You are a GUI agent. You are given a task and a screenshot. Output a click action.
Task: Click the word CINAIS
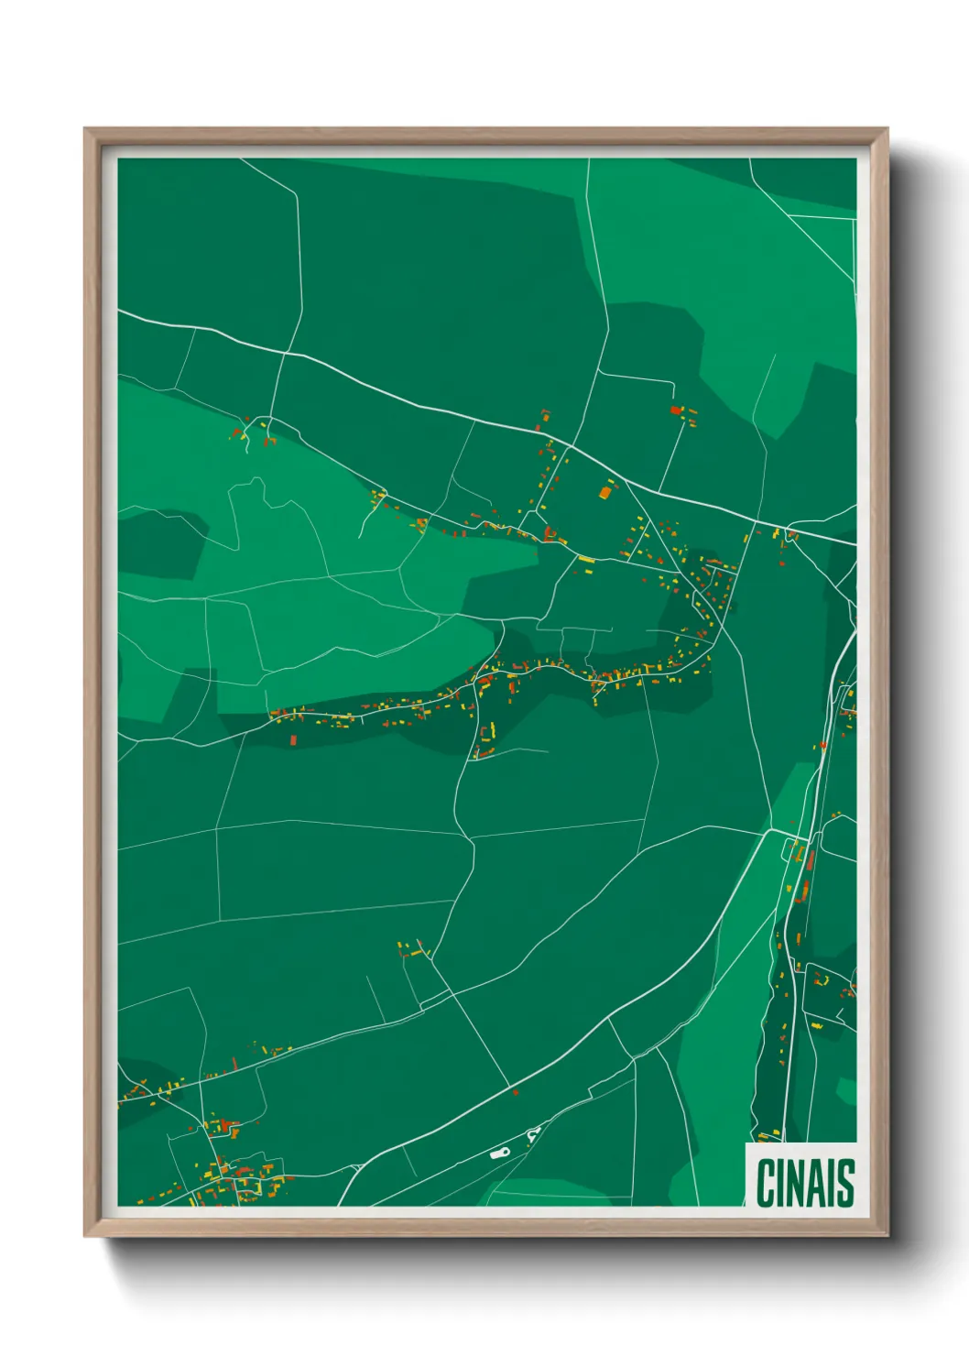805,1182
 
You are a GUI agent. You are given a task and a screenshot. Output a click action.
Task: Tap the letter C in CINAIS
765,1182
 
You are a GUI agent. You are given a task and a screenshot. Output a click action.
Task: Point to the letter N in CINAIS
793,1182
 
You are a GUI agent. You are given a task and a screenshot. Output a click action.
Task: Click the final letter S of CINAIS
845,1182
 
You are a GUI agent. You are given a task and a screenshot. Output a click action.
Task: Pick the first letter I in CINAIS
778,1182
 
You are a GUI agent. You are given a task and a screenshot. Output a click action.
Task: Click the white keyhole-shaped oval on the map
499,1154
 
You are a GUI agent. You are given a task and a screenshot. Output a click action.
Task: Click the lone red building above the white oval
516,1092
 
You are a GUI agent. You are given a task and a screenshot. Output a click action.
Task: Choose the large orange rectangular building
604,492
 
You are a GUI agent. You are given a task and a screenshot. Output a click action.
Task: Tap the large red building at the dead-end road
676,410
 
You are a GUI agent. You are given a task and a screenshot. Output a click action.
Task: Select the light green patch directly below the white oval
531,1192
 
